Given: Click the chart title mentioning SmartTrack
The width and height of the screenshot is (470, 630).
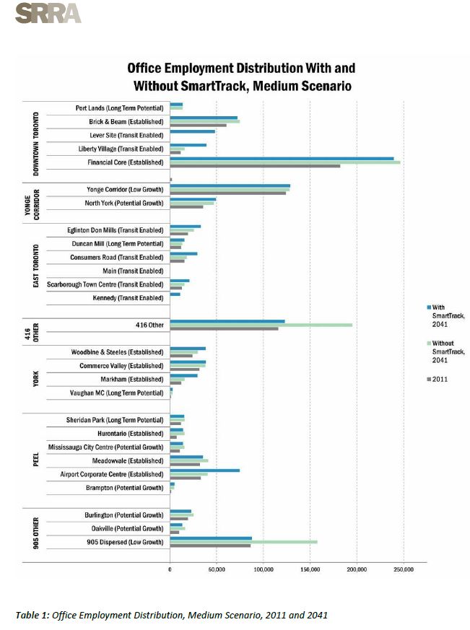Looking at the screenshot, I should point(240,77).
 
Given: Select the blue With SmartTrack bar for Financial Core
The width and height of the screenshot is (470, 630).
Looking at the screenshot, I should point(282,158).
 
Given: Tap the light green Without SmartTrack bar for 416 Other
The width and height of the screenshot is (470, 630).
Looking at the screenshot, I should point(261,325).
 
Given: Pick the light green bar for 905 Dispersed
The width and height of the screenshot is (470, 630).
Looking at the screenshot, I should point(243,541).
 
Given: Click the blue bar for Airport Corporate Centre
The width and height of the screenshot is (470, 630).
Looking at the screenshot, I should point(204,470).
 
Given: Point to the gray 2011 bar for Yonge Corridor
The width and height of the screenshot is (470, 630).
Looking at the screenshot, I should point(227,193).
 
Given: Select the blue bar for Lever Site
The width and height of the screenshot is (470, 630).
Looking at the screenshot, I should point(192,131).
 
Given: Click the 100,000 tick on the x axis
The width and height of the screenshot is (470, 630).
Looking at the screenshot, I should point(264,569).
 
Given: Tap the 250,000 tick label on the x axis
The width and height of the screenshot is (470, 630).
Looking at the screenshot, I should point(404,569).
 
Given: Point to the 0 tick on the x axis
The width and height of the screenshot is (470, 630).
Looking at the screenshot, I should point(170,569).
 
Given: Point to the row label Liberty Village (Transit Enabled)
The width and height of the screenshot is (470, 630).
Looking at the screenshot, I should point(121,149).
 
